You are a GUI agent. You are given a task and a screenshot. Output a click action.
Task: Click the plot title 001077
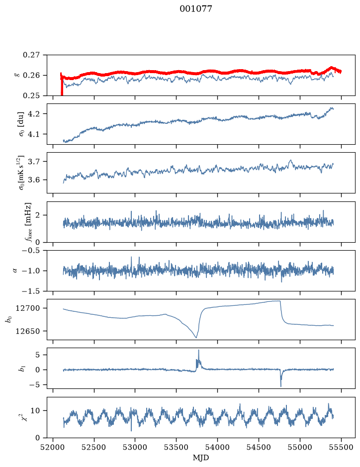pyautogui.click(x=195, y=9)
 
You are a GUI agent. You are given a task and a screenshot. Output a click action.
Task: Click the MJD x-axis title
pyautogui.click(x=201, y=458)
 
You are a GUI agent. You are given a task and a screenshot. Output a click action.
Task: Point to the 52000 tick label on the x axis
pyautogui.click(x=53, y=447)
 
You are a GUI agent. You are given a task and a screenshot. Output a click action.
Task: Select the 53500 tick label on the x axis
pyautogui.click(x=177, y=447)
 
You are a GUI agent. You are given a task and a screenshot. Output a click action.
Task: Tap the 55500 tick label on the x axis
pyautogui.click(x=341, y=447)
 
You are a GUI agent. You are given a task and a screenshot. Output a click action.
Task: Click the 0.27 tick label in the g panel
pyautogui.click(x=31, y=55)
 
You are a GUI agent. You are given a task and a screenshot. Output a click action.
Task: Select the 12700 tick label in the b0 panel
pyautogui.click(x=28, y=308)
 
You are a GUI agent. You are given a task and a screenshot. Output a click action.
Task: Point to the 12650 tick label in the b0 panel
pyautogui.click(x=28, y=331)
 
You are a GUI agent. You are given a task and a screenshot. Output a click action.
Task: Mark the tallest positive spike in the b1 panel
pyautogui.click(x=198, y=350)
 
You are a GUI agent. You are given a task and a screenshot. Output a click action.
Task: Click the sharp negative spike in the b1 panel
pyautogui.click(x=281, y=386)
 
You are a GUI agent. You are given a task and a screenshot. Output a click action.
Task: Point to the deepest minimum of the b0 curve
pyautogui.click(x=196, y=337)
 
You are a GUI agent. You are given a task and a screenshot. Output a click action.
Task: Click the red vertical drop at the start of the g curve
pyautogui.click(x=62, y=85)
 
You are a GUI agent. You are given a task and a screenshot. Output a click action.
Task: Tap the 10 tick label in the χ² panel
pyautogui.click(x=36, y=411)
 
